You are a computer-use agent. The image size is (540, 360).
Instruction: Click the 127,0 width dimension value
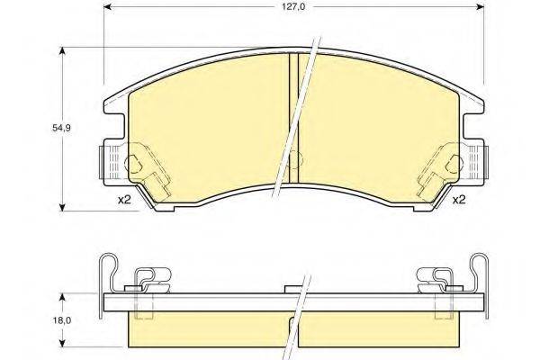coord(294,7)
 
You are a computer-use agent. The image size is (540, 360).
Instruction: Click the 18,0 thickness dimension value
coord(61,320)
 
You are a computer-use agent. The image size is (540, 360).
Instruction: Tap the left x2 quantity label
coord(124,200)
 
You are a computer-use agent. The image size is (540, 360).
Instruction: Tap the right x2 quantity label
coord(459,200)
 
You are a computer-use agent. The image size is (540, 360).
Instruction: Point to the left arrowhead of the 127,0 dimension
coord(108,6)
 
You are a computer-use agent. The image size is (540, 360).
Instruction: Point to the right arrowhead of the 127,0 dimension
coord(480,6)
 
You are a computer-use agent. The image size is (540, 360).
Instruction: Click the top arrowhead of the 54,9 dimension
coord(62,51)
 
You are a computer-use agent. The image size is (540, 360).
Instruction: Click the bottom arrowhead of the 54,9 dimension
coord(62,207)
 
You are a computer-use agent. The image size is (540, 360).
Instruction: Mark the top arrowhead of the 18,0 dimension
coord(62,298)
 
